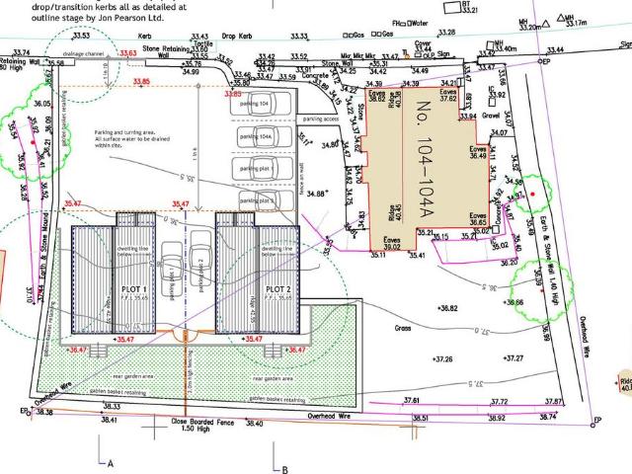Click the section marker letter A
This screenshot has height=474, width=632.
point(112,463)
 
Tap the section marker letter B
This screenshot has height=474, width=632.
point(284,469)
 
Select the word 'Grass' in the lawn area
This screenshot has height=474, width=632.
point(402,328)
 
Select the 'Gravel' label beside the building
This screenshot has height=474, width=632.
point(493,116)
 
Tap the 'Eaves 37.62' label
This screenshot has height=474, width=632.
point(449,94)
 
